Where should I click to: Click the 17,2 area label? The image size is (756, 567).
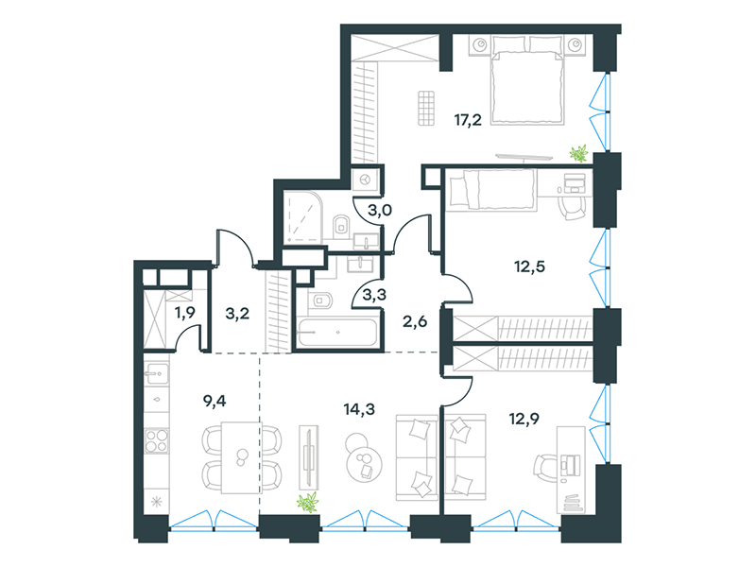468,120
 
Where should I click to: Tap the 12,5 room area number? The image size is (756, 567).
529,266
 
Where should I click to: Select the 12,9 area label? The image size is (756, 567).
524,419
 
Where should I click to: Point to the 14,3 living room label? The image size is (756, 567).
359,409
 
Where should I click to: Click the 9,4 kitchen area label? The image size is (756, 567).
215,401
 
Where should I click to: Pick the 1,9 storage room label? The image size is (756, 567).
184,313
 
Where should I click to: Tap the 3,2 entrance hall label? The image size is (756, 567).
237,314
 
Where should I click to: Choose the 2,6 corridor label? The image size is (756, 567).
415,321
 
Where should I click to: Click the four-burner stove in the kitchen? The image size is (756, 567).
157,440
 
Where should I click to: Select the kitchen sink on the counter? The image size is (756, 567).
157,373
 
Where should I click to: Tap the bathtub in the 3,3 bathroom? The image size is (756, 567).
337,333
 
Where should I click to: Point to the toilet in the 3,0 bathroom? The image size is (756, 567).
340,225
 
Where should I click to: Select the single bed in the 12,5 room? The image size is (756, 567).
491,190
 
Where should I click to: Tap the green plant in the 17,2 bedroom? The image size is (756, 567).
578,153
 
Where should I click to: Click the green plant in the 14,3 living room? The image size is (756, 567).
308,503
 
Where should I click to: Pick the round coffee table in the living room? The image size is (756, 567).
365,464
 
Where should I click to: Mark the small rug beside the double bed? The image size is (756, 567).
426,108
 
